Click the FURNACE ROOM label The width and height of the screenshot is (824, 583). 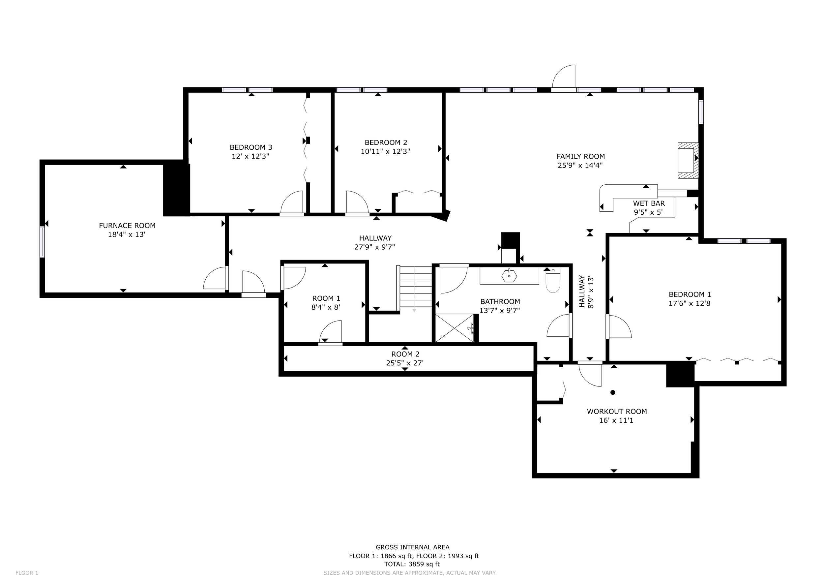pos(127,226)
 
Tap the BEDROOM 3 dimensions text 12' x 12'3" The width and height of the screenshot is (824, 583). pos(250,156)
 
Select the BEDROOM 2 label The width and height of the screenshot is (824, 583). pos(386,142)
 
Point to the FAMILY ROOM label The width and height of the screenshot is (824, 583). pos(581,157)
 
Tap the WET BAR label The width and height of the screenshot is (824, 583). pos(649,203)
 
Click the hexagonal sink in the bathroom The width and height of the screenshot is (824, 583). pos(509,276)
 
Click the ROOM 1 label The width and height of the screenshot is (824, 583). pos(326,298)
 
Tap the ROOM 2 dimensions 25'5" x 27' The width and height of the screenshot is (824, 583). pos(405,363)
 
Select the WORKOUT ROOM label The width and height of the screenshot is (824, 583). pos(617,412)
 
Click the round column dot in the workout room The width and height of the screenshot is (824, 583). pos(613,392)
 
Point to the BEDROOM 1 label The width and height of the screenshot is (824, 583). pos(690,294)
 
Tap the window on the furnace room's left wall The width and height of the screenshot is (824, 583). pos(42,242)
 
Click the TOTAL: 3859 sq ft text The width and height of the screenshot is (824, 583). pos(412,564)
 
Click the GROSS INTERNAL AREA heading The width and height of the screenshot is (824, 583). pos(412,547)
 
